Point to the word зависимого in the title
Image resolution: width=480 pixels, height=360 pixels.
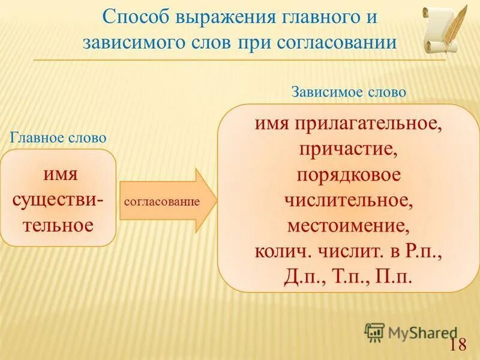tap(125, 43)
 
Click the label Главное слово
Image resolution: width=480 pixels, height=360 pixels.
tap(58, 137)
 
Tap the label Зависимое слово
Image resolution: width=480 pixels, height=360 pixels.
tap(349, 92)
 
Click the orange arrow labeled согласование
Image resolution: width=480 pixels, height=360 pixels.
tap(169, 201)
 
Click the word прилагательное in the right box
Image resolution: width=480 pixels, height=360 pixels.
tap(368, 124)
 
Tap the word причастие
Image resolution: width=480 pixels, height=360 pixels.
tap(349, 150)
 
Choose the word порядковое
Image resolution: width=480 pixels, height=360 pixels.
tap(349, 176)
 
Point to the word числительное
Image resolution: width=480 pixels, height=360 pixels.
tap(349, 202)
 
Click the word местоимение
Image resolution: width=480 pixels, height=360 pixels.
tap(349, 227)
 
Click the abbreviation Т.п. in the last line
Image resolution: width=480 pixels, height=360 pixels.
tap(347, 278)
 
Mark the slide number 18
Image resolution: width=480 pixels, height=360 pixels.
tap(458, 344)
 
